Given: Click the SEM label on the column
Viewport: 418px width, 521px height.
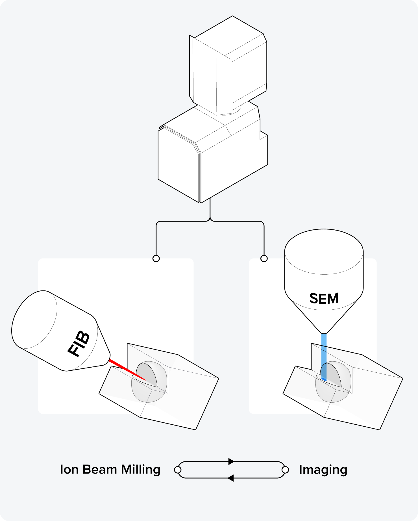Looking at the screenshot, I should pyautogui.click(x=324, y=298).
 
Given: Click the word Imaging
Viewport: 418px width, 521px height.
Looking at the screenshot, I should pyautogui.click(x=323, y=470).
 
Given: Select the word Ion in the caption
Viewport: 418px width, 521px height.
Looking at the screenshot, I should pyautogui.click(x=69, y=470).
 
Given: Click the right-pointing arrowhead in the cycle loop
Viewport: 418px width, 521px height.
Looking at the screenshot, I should pyautogui.click(x=231, y=461).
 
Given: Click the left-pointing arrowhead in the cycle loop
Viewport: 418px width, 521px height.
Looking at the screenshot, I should pyautogui.click(x=230, y=478).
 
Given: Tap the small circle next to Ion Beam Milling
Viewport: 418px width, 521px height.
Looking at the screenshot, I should pyautogui.click(x=178, y=470).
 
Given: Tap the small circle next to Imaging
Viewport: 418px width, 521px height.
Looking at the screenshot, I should pyautogui.click(x=286, y=470).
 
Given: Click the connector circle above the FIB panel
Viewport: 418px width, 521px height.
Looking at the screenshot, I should pyautogui.click(x=156, y=258).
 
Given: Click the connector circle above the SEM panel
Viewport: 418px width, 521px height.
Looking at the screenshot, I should pyautogui.click(x=264, y=258).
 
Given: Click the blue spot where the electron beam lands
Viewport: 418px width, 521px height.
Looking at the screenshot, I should pyautogui.click(x=324, y=379).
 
